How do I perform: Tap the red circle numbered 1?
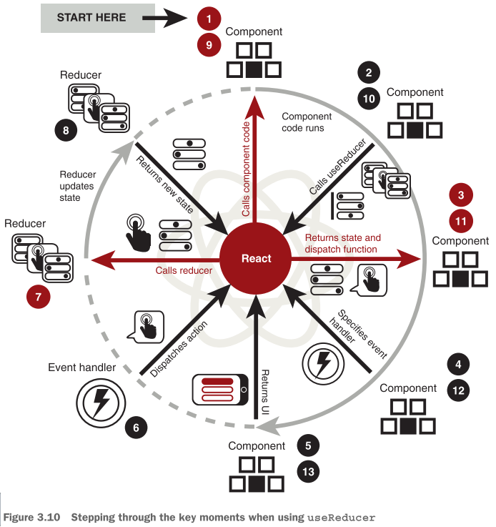209,17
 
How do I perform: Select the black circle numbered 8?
66,130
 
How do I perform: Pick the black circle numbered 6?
137,428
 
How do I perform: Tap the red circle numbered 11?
461,221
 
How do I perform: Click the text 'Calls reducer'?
184,271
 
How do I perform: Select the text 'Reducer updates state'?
78,186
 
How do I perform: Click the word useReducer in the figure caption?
341,517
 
